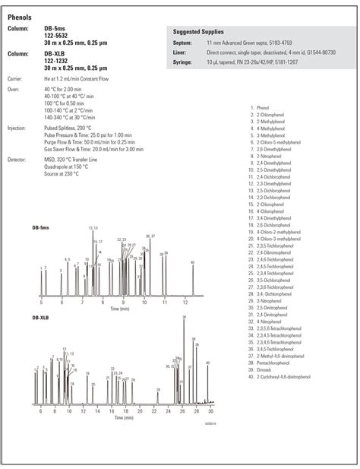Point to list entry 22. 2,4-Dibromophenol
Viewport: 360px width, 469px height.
click(x=272, y=252)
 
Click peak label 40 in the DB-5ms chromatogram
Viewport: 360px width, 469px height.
click(x=193, y=262)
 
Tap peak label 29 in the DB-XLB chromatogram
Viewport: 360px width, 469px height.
click(x=158, y=389)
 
